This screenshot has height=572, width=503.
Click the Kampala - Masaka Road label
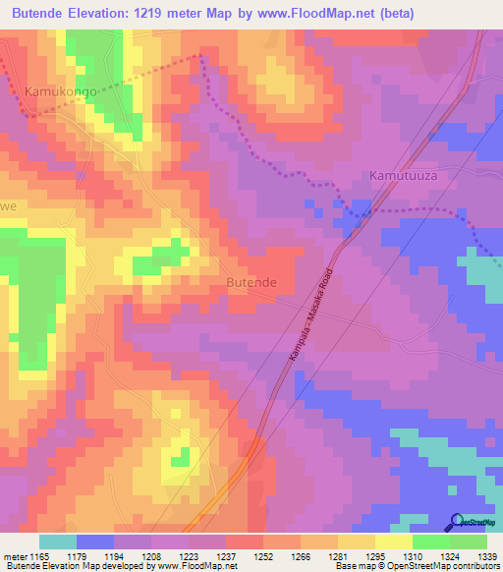point(312,317)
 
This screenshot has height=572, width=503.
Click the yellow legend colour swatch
point(392,542)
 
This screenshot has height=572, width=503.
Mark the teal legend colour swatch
point(58,542)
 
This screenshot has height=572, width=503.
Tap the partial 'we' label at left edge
point(9,206)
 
